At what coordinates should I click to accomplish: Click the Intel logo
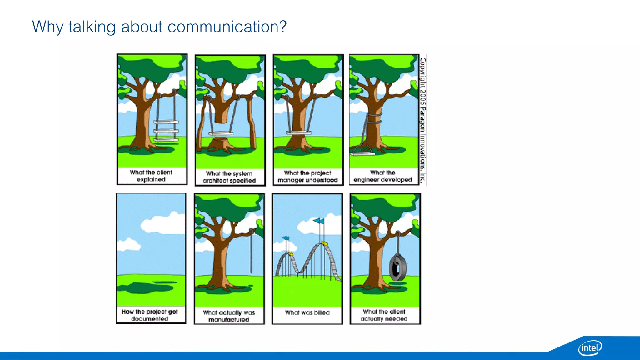tap(590, 347)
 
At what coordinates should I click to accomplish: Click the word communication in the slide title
tap(227, 27)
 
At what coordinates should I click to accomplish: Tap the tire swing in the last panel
tap(398, 267)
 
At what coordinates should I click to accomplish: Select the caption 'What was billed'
tap(307, 312)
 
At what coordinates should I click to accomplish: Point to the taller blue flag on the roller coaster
tap(319, 221)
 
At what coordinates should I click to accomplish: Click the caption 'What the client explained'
tap(151, 176)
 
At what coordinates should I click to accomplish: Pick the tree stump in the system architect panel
tap(221, 144)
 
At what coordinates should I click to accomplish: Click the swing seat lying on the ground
tap(362, 154)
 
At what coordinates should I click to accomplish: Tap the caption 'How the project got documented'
tap(150, 315)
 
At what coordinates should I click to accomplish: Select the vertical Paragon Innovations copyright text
tap(422, 120)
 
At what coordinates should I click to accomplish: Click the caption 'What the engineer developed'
tap(383, 176)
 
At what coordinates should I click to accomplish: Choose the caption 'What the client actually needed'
tap(384, 315)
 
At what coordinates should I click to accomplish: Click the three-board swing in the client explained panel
tap(166, 131)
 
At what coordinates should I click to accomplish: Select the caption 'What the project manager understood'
tap(308, 177)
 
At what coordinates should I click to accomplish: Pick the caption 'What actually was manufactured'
tap(229, 316)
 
